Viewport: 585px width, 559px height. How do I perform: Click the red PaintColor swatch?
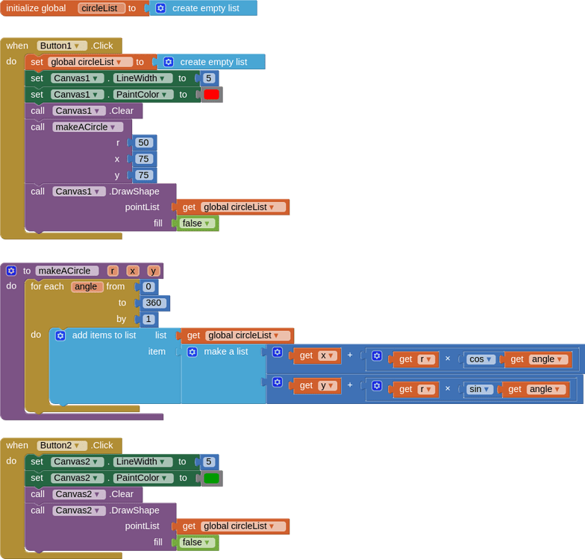coord(211,95)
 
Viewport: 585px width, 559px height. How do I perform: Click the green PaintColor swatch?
coord(211,479)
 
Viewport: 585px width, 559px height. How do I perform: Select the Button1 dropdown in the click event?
coord(62,45)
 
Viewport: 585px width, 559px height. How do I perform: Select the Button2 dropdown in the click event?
coord(62,445)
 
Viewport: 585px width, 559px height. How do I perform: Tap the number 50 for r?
coord(144,142)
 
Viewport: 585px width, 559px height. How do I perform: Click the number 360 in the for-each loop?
coord(154,303)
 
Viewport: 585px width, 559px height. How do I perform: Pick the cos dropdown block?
coord(480,359)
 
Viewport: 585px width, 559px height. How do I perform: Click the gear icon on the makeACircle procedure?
coord(11,271)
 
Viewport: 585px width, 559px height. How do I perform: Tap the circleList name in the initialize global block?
coord(101,8)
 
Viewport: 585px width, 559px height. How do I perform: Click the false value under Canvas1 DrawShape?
coord(197,223)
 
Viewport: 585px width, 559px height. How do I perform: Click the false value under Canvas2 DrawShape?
coord(197,542)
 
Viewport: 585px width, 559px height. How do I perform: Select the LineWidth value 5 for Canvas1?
coord(209,78)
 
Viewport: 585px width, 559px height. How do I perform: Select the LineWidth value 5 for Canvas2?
coord(209,462)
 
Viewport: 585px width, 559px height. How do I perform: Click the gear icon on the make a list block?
coord(192,352)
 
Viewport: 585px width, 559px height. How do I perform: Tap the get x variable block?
coord(316,356)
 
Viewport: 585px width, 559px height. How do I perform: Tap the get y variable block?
coord(316,385)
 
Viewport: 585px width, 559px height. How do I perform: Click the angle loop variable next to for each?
coord(87,287)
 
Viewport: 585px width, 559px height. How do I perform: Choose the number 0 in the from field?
coord(148,287)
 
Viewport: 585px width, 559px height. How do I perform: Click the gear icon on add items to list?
coord(60,335)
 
